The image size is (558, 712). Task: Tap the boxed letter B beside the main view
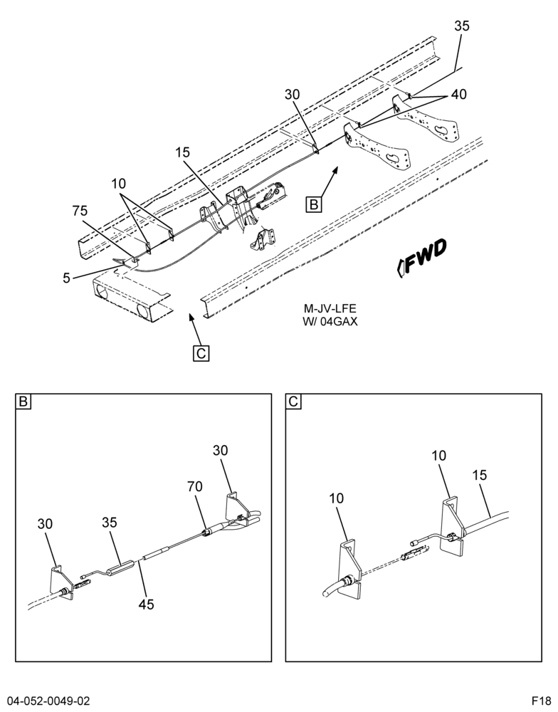314,204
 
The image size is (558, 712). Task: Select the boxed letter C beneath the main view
201,353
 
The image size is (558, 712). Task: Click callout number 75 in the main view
80,211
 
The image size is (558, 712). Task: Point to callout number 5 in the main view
67,278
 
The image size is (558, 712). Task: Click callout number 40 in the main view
458,94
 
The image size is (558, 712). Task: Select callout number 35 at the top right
462,26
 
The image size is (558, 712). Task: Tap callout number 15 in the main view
182,152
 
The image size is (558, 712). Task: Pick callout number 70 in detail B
195,487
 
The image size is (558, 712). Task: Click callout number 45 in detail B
146,604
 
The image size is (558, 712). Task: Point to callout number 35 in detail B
109,523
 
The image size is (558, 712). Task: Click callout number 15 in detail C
479,475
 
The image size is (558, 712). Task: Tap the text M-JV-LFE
330,309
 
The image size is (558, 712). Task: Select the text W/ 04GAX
330,322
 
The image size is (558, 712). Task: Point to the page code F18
542,700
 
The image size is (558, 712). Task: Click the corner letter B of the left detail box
23,402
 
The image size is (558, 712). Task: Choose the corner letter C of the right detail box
294,402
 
